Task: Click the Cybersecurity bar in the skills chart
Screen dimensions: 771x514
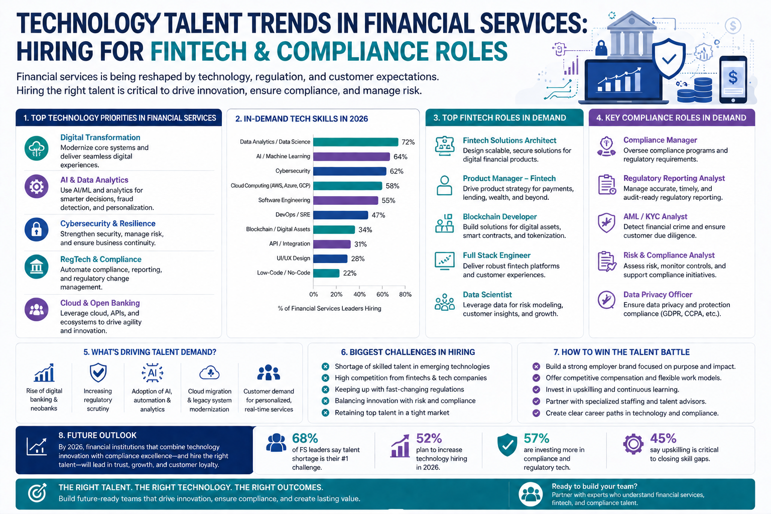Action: [350, 171]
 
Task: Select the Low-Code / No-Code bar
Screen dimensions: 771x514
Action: [326, 273]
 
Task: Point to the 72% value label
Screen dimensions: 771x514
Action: [408, 142]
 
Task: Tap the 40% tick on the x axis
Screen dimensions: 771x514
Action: [359, 294]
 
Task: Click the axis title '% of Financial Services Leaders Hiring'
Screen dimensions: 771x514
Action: [329, 309]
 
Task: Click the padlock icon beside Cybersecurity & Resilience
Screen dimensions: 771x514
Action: [37, 229]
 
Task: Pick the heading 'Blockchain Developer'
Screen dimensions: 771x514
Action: [499, 216]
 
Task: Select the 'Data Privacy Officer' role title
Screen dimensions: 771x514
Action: [658, 294]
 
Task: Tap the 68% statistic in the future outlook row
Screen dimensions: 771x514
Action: [305, 438]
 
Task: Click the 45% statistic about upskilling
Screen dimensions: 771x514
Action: [663, 438]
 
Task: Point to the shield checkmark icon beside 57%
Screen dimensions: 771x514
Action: [507, 444]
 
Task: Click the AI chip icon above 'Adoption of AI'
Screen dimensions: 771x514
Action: [152, 373]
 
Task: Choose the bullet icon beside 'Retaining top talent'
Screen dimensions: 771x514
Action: [325, 413]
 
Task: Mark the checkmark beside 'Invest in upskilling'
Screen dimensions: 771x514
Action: [536, 390]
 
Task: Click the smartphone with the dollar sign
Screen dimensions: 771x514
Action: [733, 79]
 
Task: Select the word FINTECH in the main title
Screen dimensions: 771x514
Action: [199, 52]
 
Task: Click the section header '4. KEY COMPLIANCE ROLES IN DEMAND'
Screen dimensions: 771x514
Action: [671, 118]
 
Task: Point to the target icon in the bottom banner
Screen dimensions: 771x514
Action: [37, 493]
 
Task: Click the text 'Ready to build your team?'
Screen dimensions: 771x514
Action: [594, 486]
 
